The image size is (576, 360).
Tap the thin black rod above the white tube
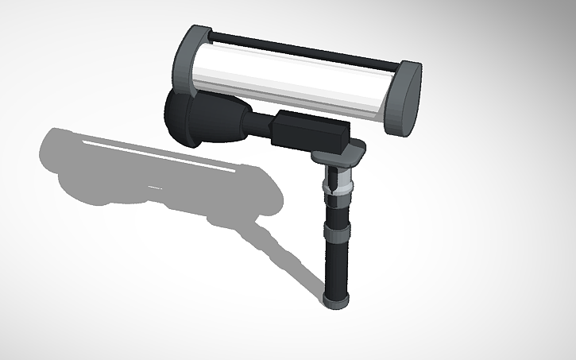point(302,49)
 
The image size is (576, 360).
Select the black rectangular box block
point(310,133)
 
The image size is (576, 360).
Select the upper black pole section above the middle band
point(337,211)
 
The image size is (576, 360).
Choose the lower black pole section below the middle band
point(336,270)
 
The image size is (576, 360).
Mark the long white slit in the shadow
point(159,153)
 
